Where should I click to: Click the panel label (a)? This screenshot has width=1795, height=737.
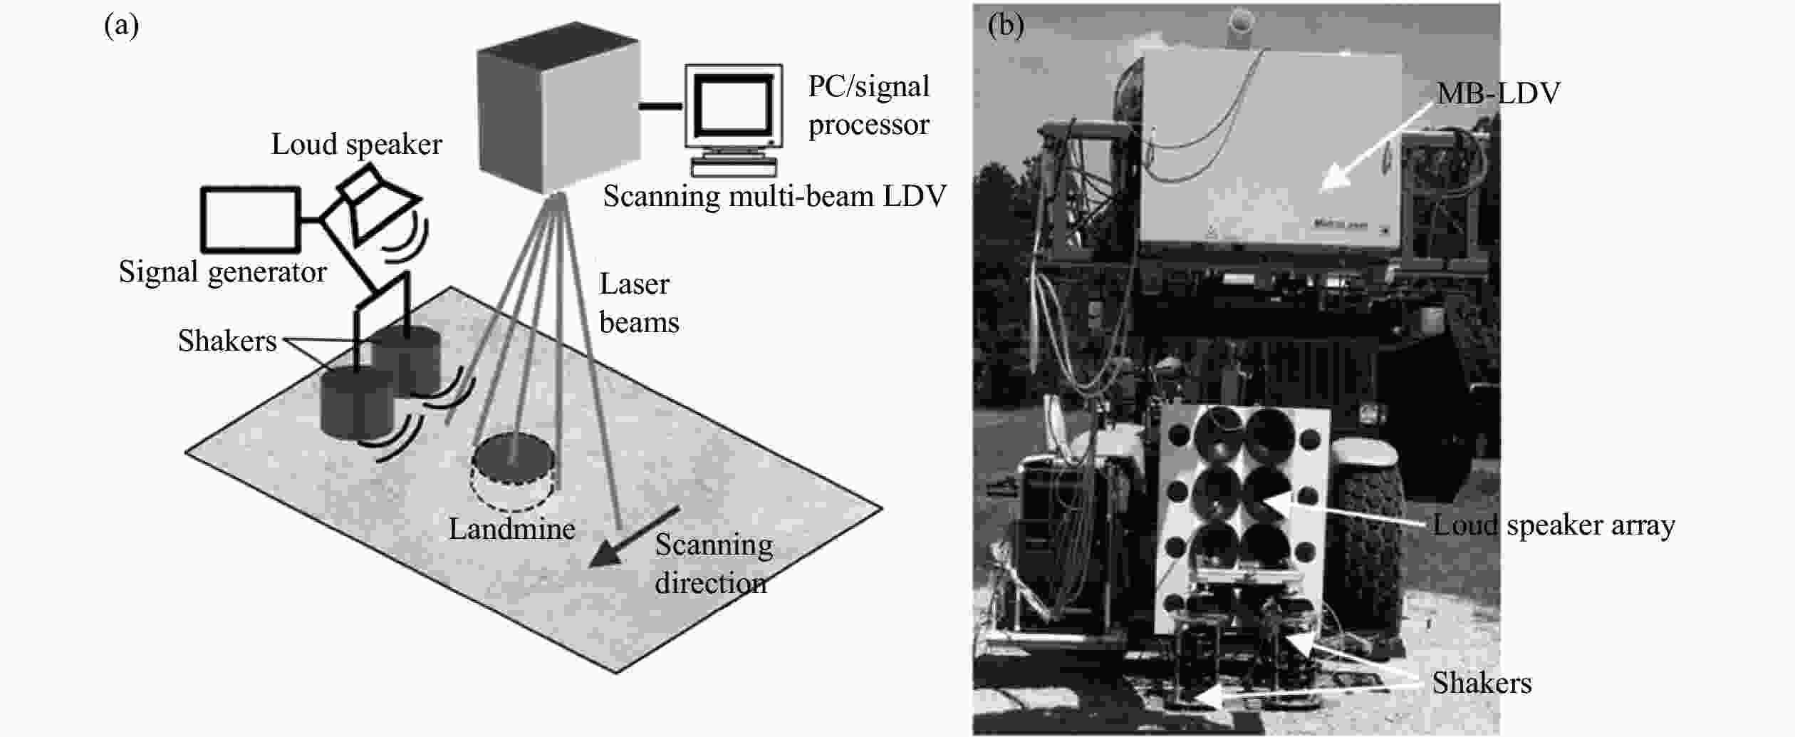tap(121, 26)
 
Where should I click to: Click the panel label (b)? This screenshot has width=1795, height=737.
tap(1006, 26)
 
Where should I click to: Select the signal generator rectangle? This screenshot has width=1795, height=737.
tap(250, 219)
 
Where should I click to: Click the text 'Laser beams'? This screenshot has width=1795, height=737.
tap(639, 303)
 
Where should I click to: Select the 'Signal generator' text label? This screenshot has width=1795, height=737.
tap(222, 272)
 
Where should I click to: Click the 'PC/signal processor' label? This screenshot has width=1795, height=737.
tap(868, 105)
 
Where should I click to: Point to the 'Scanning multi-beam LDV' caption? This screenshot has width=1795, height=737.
tap(774, 196)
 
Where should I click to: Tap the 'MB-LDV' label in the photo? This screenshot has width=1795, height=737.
tap(1498, 93)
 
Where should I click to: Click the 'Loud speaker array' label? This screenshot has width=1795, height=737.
tap(1554, 526)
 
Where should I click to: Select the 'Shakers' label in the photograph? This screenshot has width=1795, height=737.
tap(1482, 683)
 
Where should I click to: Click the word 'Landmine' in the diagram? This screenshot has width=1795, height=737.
tap(512, 529)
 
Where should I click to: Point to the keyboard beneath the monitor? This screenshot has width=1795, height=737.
tap(734, 167)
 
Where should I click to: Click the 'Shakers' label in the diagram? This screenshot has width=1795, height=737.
tap(227, 341)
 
